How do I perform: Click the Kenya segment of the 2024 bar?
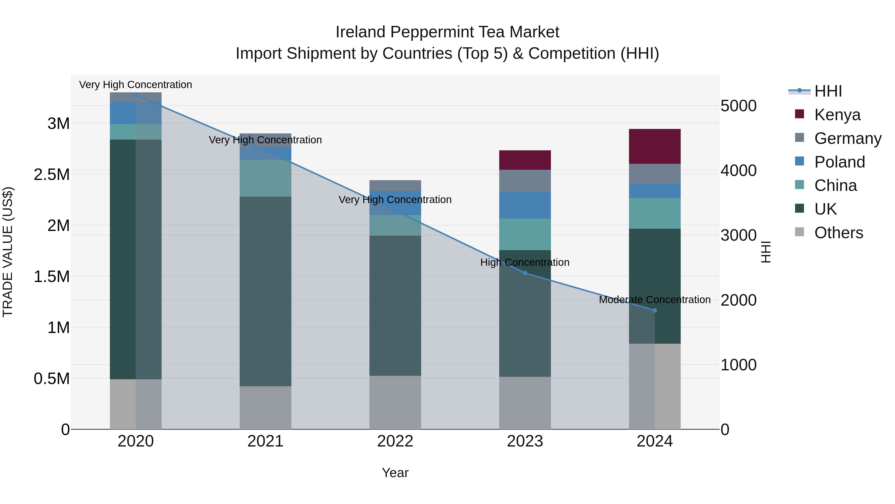(x=655, y=146)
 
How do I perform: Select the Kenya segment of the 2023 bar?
(x=525, y=160)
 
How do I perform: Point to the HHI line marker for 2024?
(x=655, y=310)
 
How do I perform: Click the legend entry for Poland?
(x=839, y=162)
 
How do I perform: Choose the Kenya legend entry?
(x=837, y=115)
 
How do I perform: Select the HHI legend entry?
(x=828, y=91)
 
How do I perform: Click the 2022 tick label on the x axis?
(x=395, y=441)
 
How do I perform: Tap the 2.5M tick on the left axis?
(x=52, y=175)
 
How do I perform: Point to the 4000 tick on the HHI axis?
(x=738, y=170)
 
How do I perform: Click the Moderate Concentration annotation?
(x=655, y=299)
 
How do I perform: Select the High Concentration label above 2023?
(x=525, y=262)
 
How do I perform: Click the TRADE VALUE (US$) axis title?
(x=8, y=252)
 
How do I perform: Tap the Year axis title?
(x=395, y=473)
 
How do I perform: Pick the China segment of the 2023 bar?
(x=525, y=234)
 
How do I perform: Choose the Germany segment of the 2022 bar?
(x=395, y=185)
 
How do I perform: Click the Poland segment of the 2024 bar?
(x=655, y=191)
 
